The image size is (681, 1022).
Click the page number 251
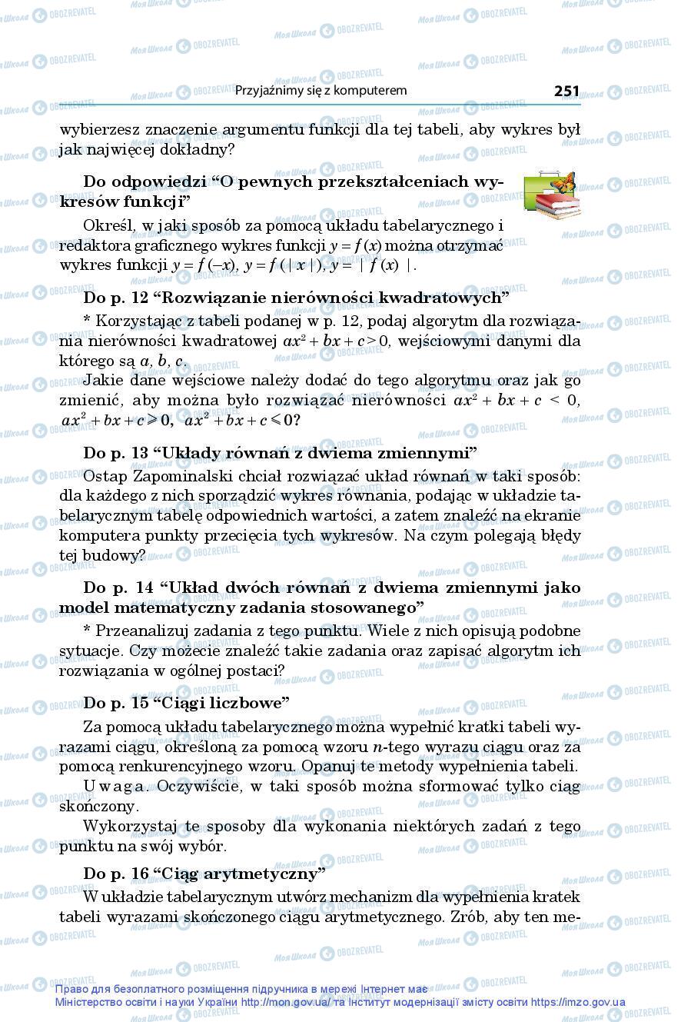pyautogui.click(x=566, y=91)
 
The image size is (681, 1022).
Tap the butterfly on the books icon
pyautogui.click(x=563, y=183)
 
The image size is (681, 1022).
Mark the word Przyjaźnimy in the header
pyautogui.click(x=270, y=91)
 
